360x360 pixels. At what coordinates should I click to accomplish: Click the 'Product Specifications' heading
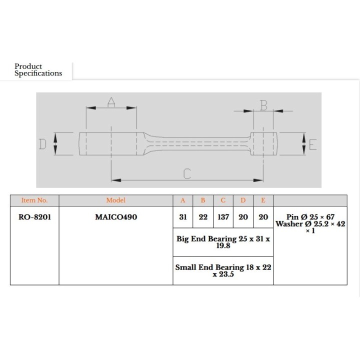pyautogui.click(x=38, y=69)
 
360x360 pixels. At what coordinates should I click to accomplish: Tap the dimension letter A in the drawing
pyautogui.click(x=111, y=102)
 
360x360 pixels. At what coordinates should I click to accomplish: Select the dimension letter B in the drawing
pyautogui.click(x=264, y=105)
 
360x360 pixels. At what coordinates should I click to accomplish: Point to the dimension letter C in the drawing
pyautogui.click(x=187, y=174)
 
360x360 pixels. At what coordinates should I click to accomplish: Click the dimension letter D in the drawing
pyautogui.click(x=42, y=144)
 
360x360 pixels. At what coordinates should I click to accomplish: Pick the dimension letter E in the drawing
pyautogui.click(x=312, y=144)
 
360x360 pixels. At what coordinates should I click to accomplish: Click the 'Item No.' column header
pyautogui.click(x=34, y=200)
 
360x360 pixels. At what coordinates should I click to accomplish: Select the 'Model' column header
pyautogui.click(x=115, y=200)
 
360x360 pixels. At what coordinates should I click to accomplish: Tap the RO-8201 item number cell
pyautogui.click(x=34, y=217)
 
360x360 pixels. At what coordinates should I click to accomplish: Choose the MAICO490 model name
pyautogui.click(x=116, y=217)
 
